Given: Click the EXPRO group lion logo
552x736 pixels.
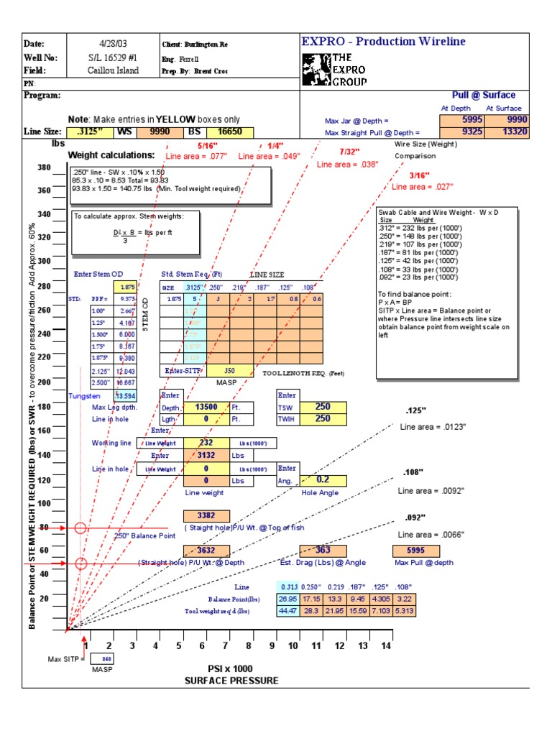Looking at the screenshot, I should tap(316, 68).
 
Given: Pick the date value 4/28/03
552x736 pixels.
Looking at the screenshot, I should tap(113, 44).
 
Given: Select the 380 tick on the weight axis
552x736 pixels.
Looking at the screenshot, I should tap(44, 167).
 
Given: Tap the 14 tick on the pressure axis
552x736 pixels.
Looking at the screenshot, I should tap(386, 646).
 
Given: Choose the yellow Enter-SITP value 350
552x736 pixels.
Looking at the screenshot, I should tap(229, 371).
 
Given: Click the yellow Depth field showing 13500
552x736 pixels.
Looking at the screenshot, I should tap(206, 407).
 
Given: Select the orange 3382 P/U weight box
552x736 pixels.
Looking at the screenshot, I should tap(206, 515).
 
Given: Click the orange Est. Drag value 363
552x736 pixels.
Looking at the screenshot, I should tap(323, 551).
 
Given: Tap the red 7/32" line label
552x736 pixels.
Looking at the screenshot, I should tap(350, 152).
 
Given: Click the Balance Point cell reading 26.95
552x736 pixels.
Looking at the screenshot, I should tap(287, 599).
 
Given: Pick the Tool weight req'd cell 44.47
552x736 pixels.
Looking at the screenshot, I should tap(287, 611).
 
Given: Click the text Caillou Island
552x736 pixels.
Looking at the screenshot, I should tap(113, 70).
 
